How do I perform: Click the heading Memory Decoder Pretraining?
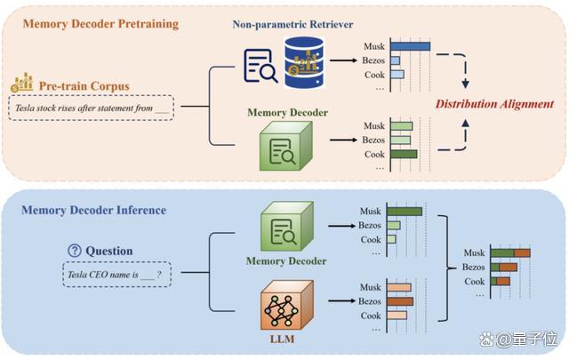point(100,24)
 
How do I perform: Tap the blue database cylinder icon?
point(304,62)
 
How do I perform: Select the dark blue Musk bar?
point(411,46)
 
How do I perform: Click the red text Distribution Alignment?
point(494,104)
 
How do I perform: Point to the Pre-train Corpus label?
point(84,86)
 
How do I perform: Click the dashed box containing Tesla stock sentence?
point(91,108)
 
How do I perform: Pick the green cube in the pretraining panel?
point(286,146)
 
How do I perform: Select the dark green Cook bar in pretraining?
point(404,155)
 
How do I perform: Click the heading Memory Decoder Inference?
point(93,210)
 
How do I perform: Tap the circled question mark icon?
point(75,251)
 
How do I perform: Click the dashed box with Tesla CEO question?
point(116,275)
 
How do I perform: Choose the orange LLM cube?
point(286,305)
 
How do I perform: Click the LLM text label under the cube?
point(283,339)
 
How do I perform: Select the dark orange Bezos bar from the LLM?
point(400,301)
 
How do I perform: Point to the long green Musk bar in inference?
point(405,212)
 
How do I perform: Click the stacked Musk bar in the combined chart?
point(510,252)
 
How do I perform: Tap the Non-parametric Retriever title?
point(293,24)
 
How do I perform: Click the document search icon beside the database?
point(260,66)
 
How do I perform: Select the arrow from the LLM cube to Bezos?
point(341,300)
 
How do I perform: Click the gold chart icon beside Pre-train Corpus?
point(21,83)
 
